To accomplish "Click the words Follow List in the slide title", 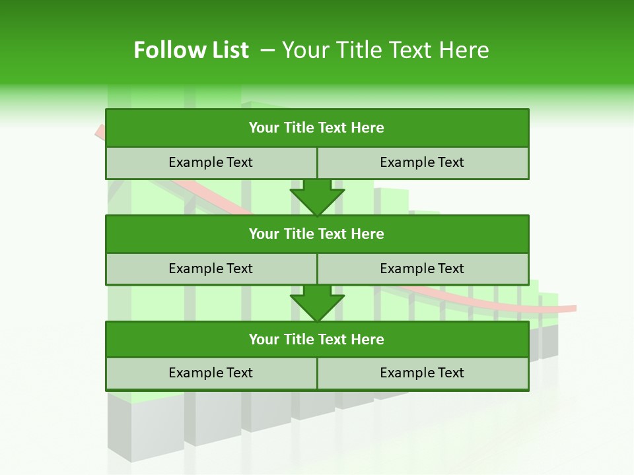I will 191,50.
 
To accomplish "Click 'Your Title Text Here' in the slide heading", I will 385,50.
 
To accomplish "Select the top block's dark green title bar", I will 317,127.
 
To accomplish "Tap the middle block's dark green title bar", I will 317,234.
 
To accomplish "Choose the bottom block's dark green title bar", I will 317,339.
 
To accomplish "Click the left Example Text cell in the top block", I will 211,162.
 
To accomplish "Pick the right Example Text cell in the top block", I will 423,162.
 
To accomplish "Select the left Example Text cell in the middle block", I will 211,269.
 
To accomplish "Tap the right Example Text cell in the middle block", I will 423,269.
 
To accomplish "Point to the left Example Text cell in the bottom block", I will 211,373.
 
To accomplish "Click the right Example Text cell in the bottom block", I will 423,373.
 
